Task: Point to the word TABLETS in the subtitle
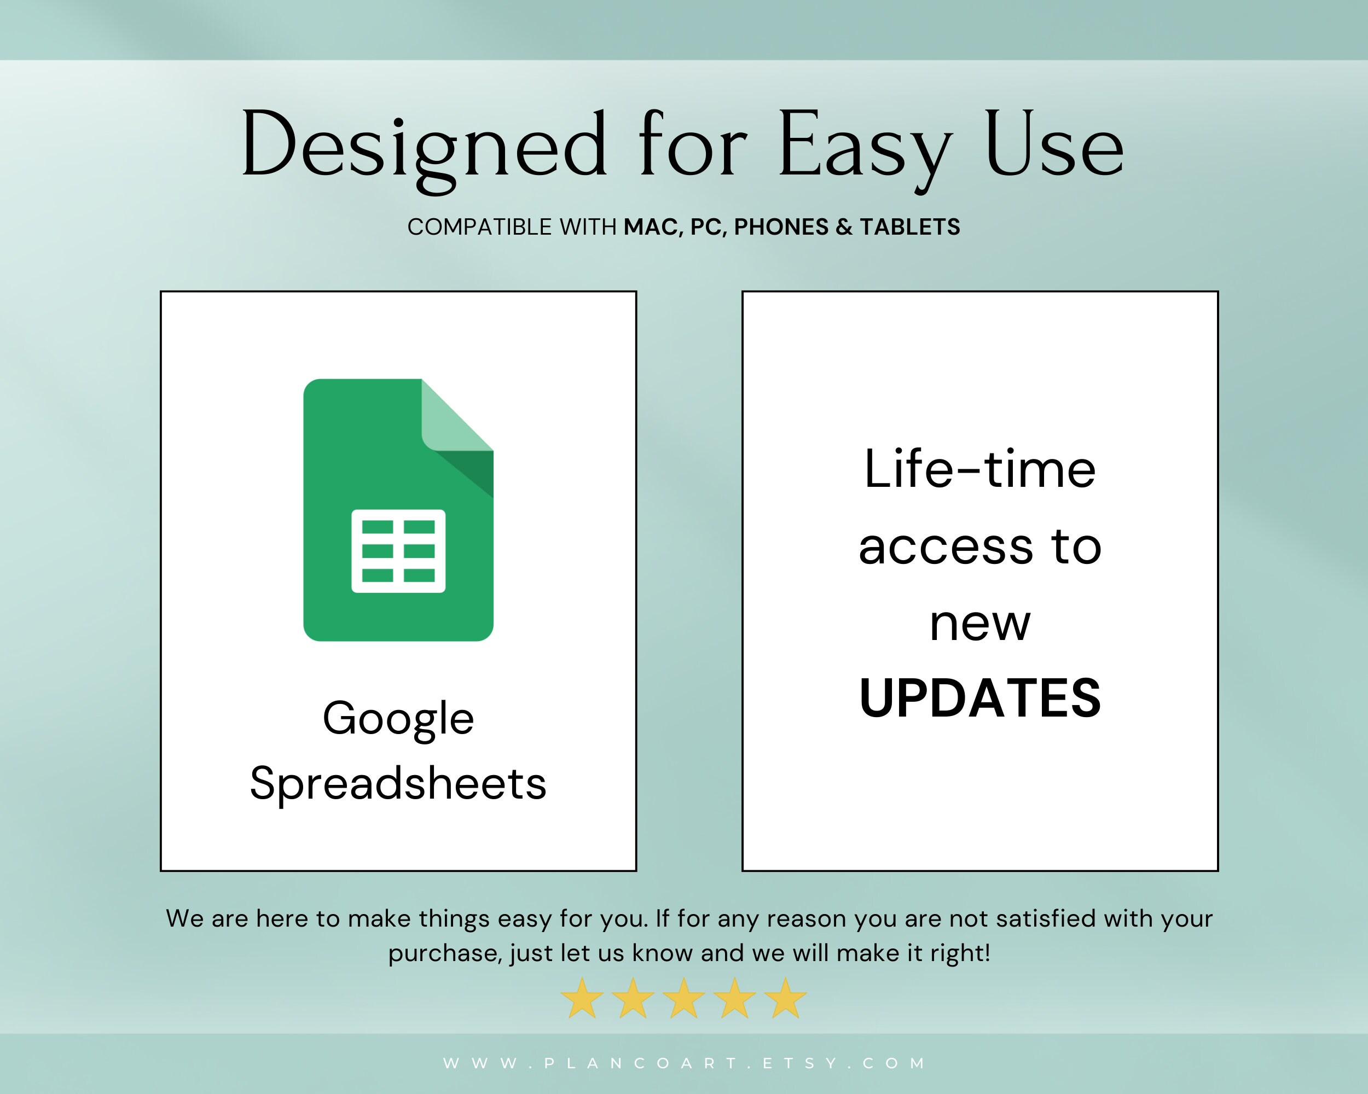coord(910,227)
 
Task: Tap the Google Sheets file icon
coord(398,509)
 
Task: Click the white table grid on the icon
coord(398,550)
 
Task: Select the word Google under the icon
coord(398,719)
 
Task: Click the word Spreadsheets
coord(398,784)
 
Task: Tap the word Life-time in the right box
coord(979,469)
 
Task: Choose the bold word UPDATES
coord(979,699)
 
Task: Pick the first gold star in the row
coord(582,998)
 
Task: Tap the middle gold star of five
coord(683,998)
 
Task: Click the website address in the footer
coord(684,1063)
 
